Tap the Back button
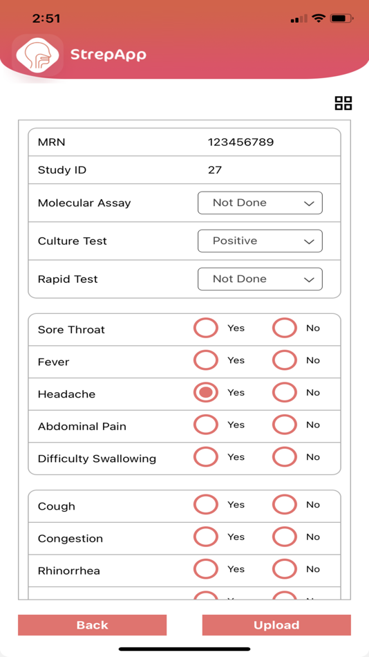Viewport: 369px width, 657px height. (x=92, y=624)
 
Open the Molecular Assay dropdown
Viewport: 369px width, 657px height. (x=260, y=203)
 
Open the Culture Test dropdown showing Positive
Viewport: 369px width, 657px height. (x=260, y=241)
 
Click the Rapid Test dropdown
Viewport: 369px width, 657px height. (x=260, y=279)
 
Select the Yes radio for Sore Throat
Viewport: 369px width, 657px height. (x=206, y=328)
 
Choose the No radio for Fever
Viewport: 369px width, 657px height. (x=284, y=360)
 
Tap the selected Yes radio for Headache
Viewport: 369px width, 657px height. (x=206, y=392)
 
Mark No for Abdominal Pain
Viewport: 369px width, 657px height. (x=284, y=425)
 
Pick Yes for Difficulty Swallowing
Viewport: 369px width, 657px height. (x=206, y=457)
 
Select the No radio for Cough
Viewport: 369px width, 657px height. (x=284, y=505)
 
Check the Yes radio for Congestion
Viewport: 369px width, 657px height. (x=206, y=537)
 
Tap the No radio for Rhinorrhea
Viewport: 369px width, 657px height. (x=284, y=569)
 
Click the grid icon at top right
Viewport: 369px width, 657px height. (x=343, y=103)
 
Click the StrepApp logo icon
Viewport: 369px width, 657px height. (x=37, y=54)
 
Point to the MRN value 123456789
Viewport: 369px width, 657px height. (x=240, y=142)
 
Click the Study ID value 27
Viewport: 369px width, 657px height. (x=215, y=170)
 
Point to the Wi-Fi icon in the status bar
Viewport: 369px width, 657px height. (x=319, y=19)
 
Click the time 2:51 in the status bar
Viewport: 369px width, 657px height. (x=46, y=19)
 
